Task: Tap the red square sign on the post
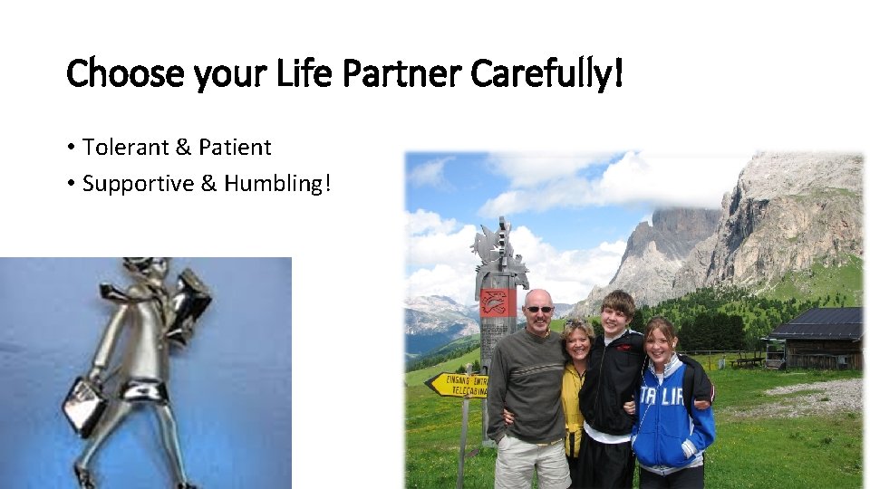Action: (498, 302)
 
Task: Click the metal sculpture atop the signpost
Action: (498, 254)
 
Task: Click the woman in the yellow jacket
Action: (575, 389)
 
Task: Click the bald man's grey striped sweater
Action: (530, 380)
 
